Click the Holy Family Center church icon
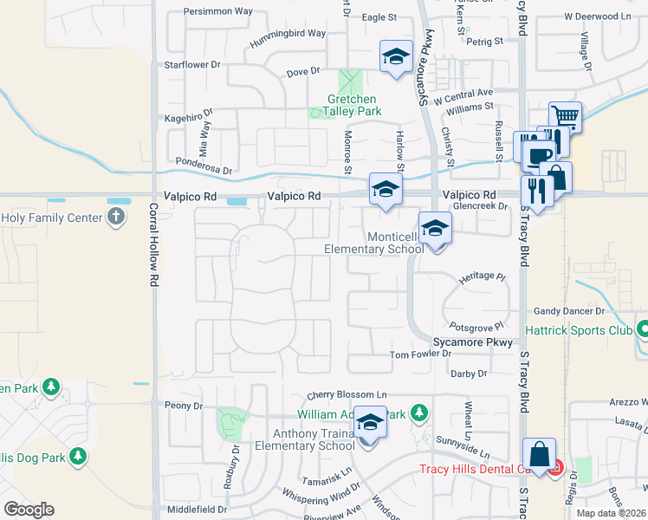pos(117,218)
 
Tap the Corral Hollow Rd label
pos(152,246)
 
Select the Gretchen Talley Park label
pos(353,106)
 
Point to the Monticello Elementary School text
pos(373,243)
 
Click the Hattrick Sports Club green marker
pos(643,329)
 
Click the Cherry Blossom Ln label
pos(345,394)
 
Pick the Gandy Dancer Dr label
pos(568,310)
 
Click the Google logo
pos(29,510)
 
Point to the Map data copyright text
pos(611,513)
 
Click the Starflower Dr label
pos(192,65)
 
